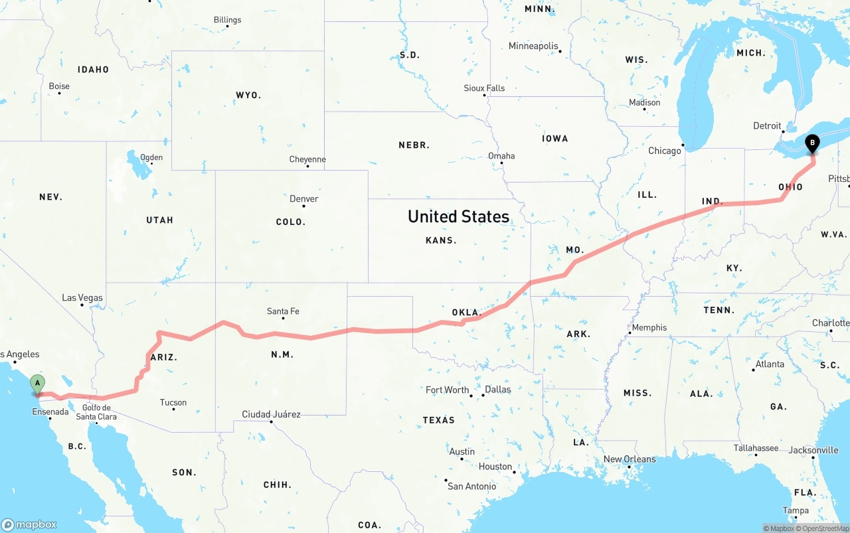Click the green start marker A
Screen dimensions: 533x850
[x=38, y=384]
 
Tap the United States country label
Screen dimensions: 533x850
[x=458, y=216]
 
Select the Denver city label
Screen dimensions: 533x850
[x=304, y=198]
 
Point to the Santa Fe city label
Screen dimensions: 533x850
[x=283, y=311]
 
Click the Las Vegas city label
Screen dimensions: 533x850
[x=82, y=297]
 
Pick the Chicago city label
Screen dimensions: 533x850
[x=665, y=151]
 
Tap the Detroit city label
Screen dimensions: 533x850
[x=767, y=126]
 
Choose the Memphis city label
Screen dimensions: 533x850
[x=649, y=327]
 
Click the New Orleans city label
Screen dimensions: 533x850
[x=629, y=459]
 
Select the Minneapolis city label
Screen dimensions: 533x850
[x=533, y=46]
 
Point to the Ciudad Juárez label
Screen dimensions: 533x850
[x=271, y=414]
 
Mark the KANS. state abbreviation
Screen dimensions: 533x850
[x=441, y=240]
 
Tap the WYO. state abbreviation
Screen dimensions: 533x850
[x=248, y=96]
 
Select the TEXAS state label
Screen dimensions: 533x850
[x=439, y=420]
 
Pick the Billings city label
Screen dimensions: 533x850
[x=227, y=20]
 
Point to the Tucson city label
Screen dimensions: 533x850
[x=173, y=402]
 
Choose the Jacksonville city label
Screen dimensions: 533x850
[x=813, y=450]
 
